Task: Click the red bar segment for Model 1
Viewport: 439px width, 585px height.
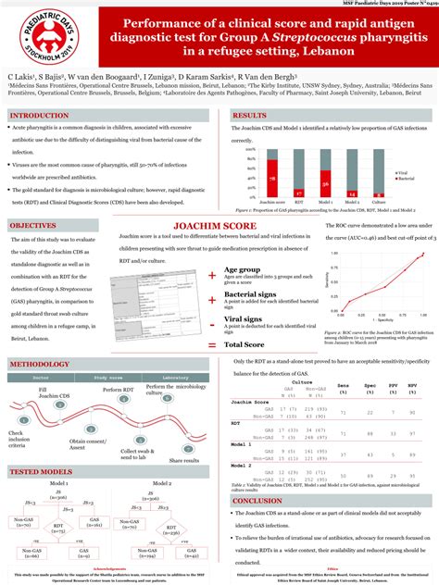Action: [326, 189]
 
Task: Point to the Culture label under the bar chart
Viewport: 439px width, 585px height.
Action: [378, 201]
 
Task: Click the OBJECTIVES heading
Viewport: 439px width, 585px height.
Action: [37, 226]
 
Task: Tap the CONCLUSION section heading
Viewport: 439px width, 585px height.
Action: [257, 501]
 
